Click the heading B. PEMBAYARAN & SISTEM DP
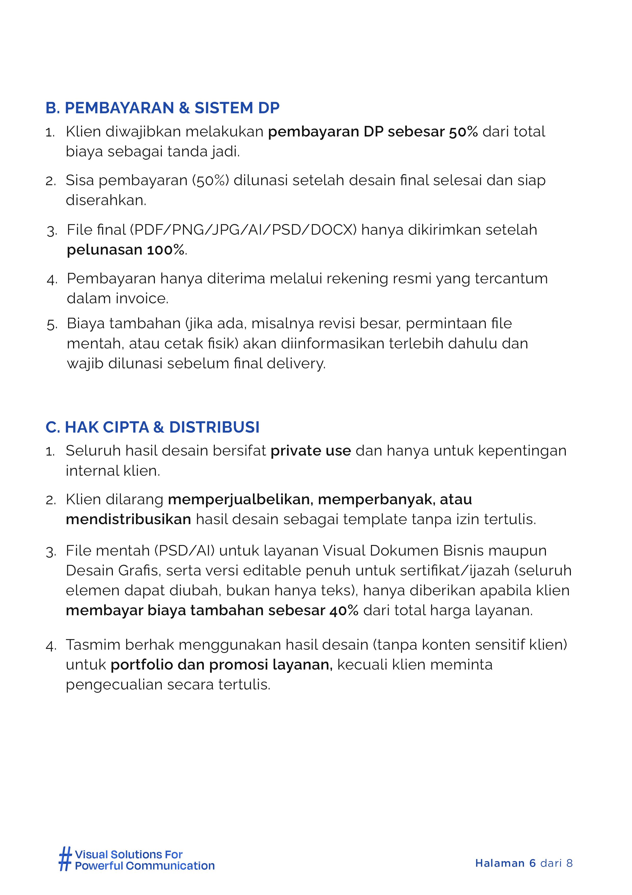point(162,108)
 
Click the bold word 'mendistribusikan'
point(128,520)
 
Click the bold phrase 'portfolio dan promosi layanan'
point(221,665)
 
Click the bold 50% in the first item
point(463,132)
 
